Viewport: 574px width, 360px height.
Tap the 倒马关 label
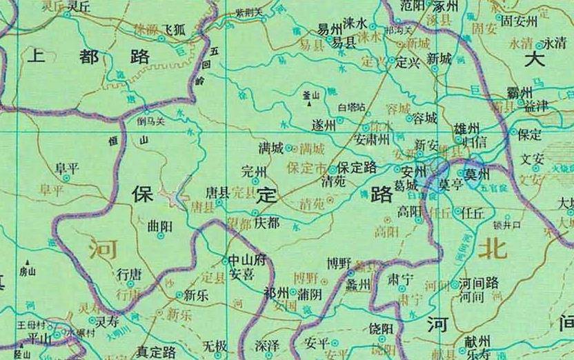point(150,122)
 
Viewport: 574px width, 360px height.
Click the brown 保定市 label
point(306,167)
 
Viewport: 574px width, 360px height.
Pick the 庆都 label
point(267,223)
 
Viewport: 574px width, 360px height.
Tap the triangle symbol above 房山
point(28,262)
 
